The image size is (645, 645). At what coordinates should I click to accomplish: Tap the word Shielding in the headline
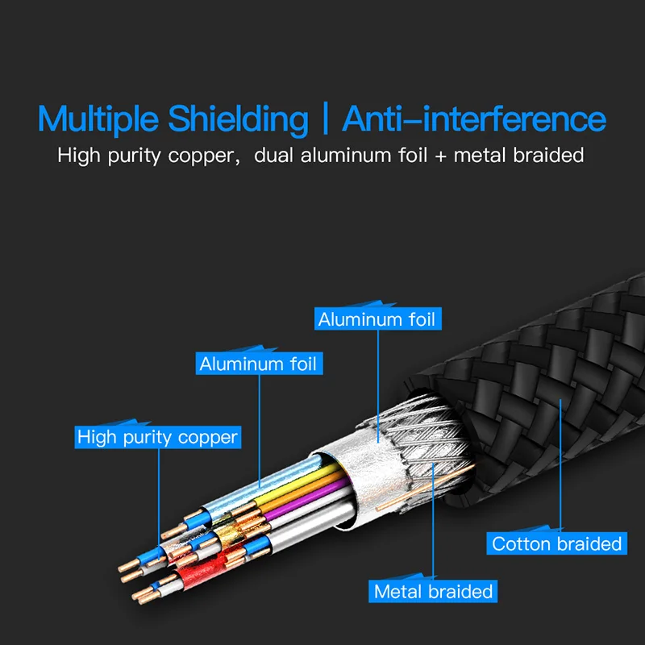pos(238,119)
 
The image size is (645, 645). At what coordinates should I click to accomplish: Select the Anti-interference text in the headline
pos(474,119)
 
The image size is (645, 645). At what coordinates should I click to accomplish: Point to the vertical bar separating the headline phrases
pos(325,119)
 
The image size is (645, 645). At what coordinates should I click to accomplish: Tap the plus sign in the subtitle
pos(440,156)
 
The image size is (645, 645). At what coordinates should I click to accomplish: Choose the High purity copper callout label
pos(157,438)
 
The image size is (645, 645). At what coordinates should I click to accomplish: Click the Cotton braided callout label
pos(556,543)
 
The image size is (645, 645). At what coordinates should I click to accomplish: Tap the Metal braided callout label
pos(433,591)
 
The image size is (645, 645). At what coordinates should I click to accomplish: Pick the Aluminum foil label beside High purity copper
pos(258,364)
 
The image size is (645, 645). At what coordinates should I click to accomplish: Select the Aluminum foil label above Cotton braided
pos(377,319)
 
